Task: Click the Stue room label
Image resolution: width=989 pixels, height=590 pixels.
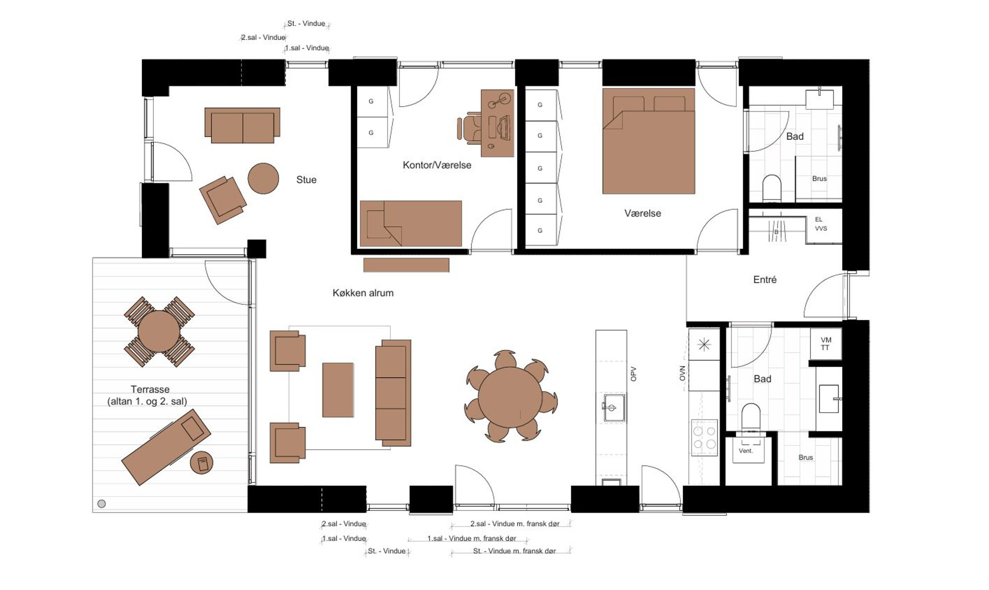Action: pos(306,180)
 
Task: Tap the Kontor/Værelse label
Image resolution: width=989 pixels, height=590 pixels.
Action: pos(437,165)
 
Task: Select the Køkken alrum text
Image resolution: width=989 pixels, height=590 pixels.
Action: pos(363,293)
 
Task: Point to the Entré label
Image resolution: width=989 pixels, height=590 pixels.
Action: pos(764,280)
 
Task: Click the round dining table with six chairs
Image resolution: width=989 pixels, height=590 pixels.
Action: pos(510,397)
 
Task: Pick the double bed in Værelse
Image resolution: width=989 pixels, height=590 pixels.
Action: pos(648,141)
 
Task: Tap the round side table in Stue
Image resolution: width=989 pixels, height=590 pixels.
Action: pos(263,178)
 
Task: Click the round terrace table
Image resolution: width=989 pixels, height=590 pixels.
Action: pos(159,331)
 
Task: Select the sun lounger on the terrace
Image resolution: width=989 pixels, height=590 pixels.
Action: pos(166,447)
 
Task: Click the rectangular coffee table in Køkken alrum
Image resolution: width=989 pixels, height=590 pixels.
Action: pos(338,390)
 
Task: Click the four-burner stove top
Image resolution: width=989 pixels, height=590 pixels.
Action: pos(704,438)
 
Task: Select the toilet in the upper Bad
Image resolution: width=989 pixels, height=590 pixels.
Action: pos(771,188)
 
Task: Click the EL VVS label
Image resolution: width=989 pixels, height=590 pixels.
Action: pos(820,224)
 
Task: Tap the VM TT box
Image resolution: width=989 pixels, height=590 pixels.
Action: pos(826,344)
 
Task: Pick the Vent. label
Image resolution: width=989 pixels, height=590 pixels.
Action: pos(745,451)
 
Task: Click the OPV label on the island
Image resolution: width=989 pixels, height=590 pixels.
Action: pos(633,374)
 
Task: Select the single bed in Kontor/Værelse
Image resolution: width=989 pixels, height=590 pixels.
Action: pos(411,223)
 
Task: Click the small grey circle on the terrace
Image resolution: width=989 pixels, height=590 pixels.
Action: pos(102,504)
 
